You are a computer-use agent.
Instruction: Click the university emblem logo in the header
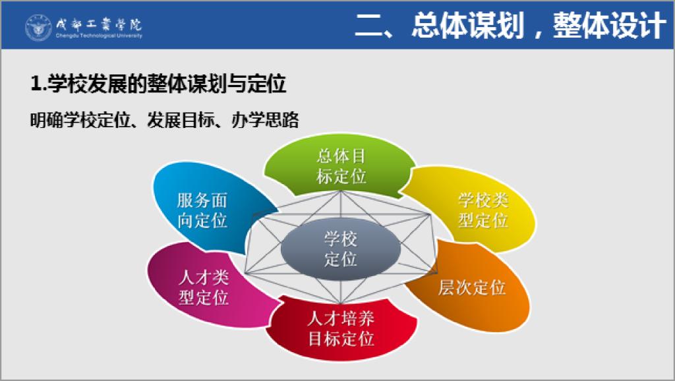38,28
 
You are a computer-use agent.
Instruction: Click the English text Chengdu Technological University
99,36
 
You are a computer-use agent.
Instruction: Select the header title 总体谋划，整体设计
539,26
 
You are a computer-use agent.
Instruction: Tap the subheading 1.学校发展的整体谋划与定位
158,83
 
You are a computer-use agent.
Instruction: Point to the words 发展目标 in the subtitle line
181,120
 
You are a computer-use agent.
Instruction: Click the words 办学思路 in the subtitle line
265,120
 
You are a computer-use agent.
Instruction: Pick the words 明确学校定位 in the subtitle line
80,120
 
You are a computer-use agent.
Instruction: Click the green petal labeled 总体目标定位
340,165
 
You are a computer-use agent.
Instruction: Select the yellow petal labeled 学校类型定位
476,210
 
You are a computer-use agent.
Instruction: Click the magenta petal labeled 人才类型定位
206,286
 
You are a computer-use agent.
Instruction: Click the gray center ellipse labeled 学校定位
341,249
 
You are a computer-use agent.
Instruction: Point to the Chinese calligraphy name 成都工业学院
99,24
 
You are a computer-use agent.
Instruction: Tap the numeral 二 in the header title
368,26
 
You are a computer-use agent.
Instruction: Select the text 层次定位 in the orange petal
472,287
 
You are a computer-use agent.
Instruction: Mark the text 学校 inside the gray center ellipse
341,239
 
